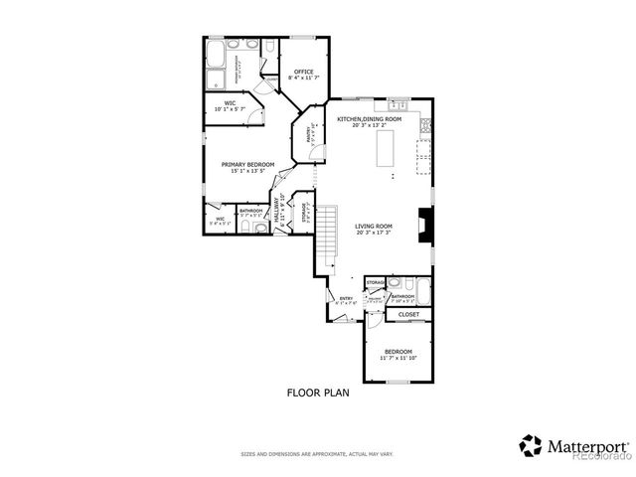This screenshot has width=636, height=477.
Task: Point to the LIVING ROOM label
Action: click(x=374, y=228)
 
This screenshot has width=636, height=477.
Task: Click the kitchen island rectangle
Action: click(x=402, y=155)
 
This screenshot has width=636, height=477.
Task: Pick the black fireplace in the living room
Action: click(x=424, y=224)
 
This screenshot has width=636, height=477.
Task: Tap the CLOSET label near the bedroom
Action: click(x=408, y=315)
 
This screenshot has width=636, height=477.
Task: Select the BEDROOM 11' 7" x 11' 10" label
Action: click(x=399, y=355)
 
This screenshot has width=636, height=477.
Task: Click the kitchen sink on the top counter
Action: click(x=397, y=104)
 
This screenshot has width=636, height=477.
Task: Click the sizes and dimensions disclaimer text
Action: click(x=317, y=454)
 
